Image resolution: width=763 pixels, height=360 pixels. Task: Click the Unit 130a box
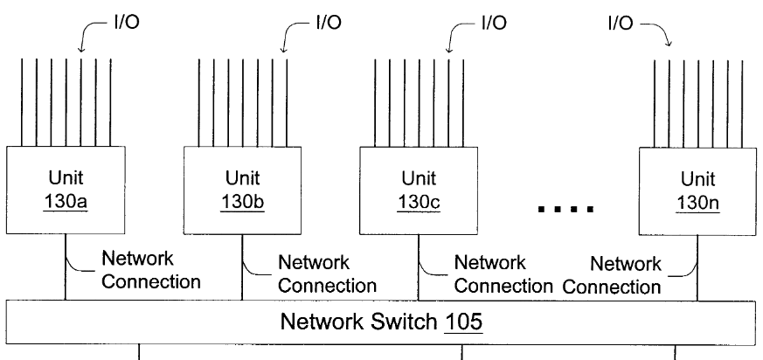[x=66, y=191]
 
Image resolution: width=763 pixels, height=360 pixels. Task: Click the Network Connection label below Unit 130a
[x=151, y=270]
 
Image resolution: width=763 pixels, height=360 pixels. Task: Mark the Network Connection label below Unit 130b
[x=327, y=273]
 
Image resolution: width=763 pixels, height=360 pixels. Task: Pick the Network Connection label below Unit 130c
[x=503, y=273]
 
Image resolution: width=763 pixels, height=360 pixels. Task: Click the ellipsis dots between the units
[x=566, y=209]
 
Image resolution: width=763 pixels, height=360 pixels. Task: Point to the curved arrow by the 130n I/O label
[x=662, y=35]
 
